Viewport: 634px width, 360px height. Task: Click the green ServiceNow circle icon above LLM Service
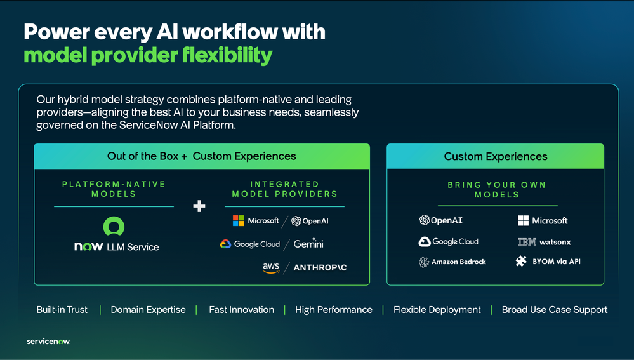[114, 226]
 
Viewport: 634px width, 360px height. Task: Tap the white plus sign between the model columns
[199, 206]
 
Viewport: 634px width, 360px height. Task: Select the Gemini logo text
[308, 244]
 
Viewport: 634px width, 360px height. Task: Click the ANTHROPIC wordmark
[320, 268]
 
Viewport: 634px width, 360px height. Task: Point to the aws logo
[271, 268]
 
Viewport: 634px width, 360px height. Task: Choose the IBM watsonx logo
[544, 242]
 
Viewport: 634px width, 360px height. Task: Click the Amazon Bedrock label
[452, 262]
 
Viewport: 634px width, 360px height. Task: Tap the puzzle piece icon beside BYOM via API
[522, 262]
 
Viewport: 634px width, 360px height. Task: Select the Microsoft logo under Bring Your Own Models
[543, 220]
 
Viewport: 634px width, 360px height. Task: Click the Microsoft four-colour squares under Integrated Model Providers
[238, 221]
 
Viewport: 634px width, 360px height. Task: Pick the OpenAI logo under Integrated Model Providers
[310, 221]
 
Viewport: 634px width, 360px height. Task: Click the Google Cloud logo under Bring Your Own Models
[448, 242]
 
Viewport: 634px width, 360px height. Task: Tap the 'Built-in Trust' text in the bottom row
[62, 310]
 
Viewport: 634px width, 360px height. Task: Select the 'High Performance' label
[334, 310]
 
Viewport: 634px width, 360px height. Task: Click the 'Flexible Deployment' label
[437, 310]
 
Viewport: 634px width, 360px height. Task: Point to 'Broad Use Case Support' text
[555, 310]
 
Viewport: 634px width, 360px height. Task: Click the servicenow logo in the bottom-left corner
[48, 342]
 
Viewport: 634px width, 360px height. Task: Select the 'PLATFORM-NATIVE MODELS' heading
[114, 189]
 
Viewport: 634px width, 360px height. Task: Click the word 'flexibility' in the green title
[227, 55]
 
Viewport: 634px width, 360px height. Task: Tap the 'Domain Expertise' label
[149, 310]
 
